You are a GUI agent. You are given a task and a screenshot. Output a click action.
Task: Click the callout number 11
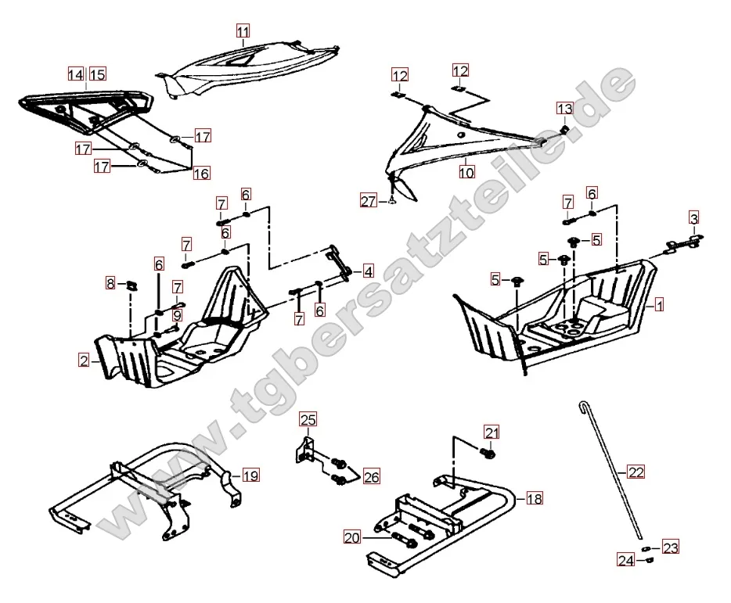coord(243,31)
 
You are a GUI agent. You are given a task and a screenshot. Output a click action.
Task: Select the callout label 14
coord(75,74)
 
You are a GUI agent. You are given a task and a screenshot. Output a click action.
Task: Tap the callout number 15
coord(96,74)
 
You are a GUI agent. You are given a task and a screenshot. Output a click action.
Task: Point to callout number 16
coord(202,173)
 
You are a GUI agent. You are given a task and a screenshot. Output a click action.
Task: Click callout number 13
coord(565,108)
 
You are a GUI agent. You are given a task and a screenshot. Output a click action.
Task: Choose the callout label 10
coord(466,171)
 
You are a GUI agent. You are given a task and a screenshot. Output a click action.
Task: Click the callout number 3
coord(694,217)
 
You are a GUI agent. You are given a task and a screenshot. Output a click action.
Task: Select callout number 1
coord(659,304)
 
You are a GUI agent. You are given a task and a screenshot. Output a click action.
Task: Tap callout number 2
coord(84,361)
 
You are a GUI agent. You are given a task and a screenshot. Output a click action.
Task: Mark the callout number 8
coord(111,282)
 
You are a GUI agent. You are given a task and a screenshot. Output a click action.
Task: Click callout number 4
coord(367,272)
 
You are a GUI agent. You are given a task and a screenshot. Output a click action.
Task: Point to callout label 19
coord(250,475)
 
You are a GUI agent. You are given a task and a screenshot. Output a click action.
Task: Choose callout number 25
coord(307,419)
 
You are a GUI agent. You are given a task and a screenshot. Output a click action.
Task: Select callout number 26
coord(370,476)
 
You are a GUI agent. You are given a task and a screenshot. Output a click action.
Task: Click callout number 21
coord(491,432)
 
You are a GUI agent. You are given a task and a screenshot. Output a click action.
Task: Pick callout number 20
coord(351,537)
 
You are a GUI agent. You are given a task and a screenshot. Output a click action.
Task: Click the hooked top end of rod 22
coord(582,405)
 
